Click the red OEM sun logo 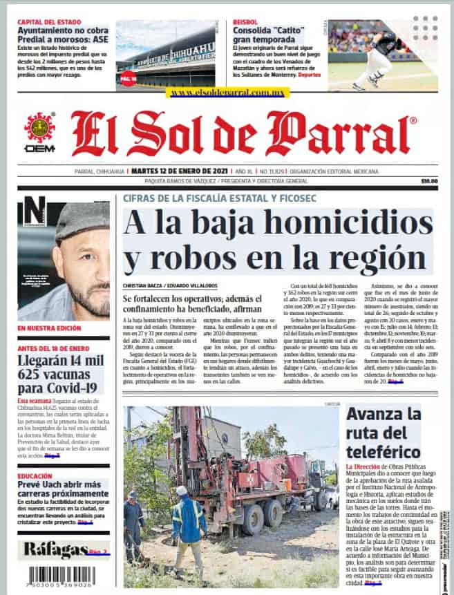point(39,128)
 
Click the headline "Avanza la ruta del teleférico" point(384,433)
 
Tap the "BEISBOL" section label point(245,22)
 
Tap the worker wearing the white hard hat point(188,520)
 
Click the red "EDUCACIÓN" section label point(35,476)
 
